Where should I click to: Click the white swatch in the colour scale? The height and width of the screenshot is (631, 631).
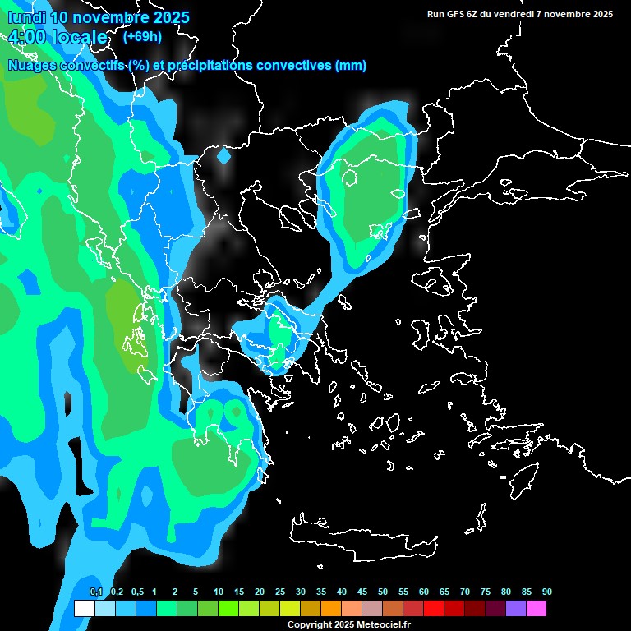[x=84, y=609]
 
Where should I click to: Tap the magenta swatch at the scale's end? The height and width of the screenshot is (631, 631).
[x=537, y=609]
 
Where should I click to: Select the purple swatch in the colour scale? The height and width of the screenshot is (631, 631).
[x=516, y=609]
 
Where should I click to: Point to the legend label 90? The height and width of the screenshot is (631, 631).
[x=546, y=592]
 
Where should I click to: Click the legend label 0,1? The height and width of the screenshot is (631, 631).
[x=96, y=592]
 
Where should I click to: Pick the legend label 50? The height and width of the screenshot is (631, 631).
[x=383, y=592]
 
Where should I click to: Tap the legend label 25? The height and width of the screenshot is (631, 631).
[x=280, y=592]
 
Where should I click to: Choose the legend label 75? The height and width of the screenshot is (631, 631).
[x=486, y=592]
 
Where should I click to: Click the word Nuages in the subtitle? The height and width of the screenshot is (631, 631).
[x=32, y=66]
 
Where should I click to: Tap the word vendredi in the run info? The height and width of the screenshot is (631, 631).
[x=521, y=14]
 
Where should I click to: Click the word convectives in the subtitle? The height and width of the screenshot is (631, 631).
[x=294, y=66]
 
